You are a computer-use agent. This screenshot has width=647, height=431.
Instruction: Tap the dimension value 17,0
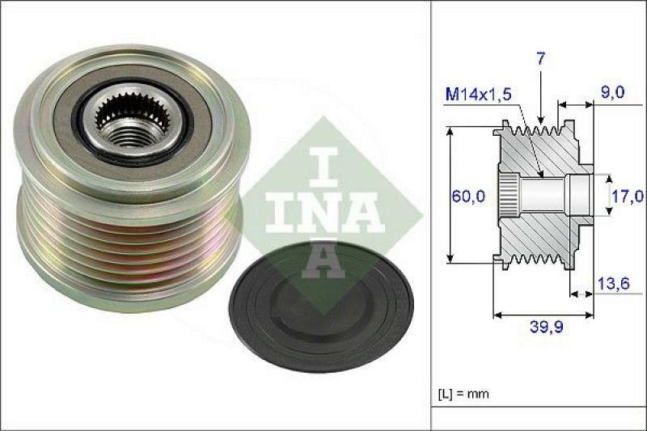pos(628,195)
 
